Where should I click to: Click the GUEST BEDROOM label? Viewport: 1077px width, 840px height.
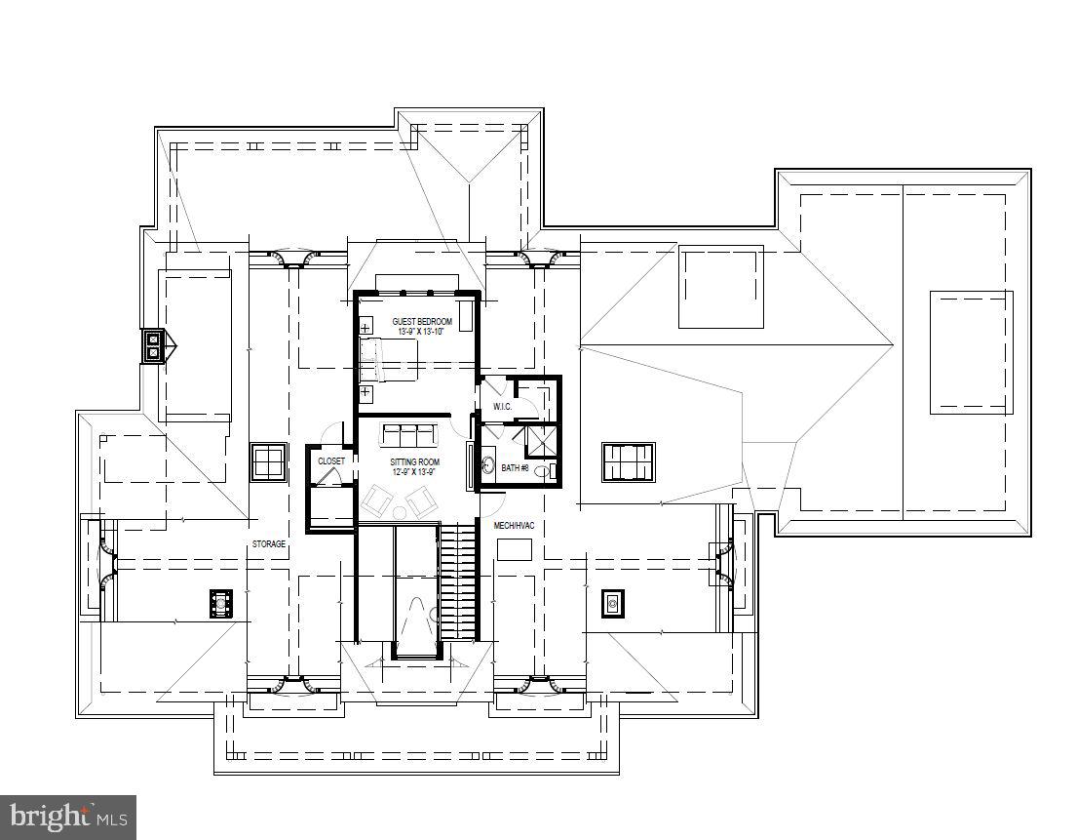pyautogui.click(x=422, y=321)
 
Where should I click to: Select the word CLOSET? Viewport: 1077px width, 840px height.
pyautogui.click(x=330, y=460)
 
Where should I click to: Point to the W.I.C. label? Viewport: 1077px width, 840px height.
pyautogui.click(x=503, y=406)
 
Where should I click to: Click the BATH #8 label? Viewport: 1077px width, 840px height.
pyautogui.click(x=515, y=468)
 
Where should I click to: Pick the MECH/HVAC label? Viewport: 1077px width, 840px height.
pyautogui.click(x=514, y=525)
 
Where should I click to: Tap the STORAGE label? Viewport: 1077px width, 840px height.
pyautogui.click(x=269, y=543)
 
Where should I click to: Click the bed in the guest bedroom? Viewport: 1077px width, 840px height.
pyautogui.click(x=388, y=361)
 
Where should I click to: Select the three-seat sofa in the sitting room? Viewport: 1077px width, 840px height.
pyautogui.click(x=407, y=435)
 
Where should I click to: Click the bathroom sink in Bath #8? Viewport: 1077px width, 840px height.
pyautogui.click(x=487, y=465)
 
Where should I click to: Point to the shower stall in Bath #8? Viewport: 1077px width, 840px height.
pyautogui.click(x=542, y=440)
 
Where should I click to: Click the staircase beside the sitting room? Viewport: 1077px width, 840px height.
pyautogui.click(x=457, y=580)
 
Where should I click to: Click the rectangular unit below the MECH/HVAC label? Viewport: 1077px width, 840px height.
pyautogui.click(x=514, y=549)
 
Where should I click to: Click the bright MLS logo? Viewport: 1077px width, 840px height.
pyautogui.click(x=68, y=816)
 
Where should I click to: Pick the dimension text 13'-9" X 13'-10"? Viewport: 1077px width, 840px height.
pyautogui.click(x=421, y=332)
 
